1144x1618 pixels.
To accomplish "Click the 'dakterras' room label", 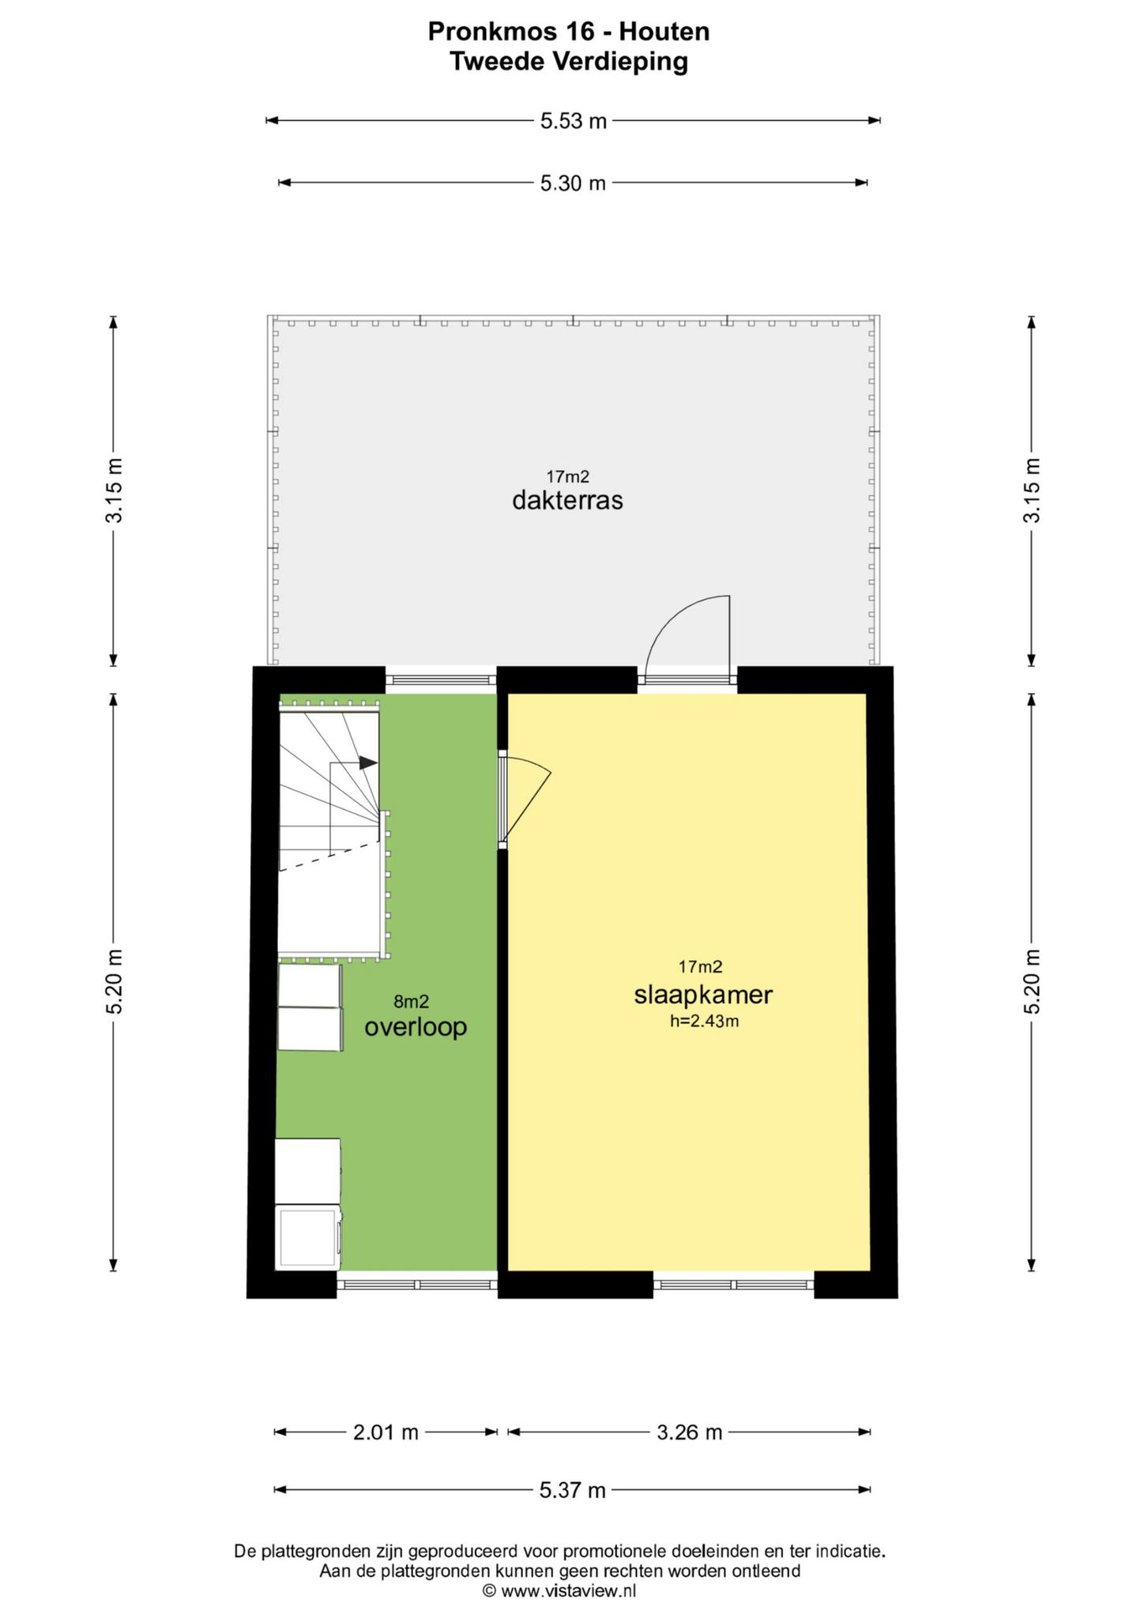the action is pos(567,500).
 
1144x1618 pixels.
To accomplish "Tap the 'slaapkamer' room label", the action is pos(703,995).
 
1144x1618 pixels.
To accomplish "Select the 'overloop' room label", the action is pos(416,1027).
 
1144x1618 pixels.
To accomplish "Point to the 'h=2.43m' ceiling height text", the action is pos(704,1021).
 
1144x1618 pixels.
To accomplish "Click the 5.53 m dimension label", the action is pos(574,121).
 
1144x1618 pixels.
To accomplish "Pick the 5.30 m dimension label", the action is pos(573,183).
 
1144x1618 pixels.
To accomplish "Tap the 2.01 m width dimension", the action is pos(386,1432).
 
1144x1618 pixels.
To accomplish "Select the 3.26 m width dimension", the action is pos(690,1432).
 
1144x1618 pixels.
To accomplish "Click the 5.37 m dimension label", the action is pos(573,1490).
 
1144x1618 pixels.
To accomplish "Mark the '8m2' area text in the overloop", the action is pos(412,1002).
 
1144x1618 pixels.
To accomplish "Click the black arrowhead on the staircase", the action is pos(368,763).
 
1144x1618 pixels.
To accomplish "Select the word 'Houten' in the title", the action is pos(664,32).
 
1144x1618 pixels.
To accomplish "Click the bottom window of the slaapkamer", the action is pos(734,1285).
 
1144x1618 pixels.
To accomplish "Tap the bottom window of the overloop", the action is pos(417,1285).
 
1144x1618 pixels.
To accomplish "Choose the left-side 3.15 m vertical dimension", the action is pos(115,491).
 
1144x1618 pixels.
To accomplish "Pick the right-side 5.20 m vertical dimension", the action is pos(1032,982).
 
